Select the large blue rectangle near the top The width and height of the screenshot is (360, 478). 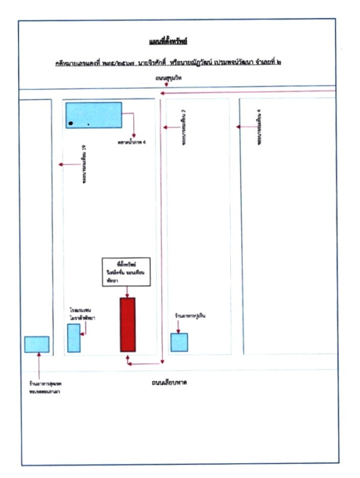pos(93,115)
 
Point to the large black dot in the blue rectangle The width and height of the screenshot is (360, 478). pos(71,123)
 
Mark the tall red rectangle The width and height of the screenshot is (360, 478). pos(127,324)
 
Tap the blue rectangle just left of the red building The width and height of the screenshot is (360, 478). pos(74,338)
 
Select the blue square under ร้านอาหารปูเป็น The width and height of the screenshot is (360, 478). pos(179,342)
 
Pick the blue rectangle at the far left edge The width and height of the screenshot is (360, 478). pos(36,344)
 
